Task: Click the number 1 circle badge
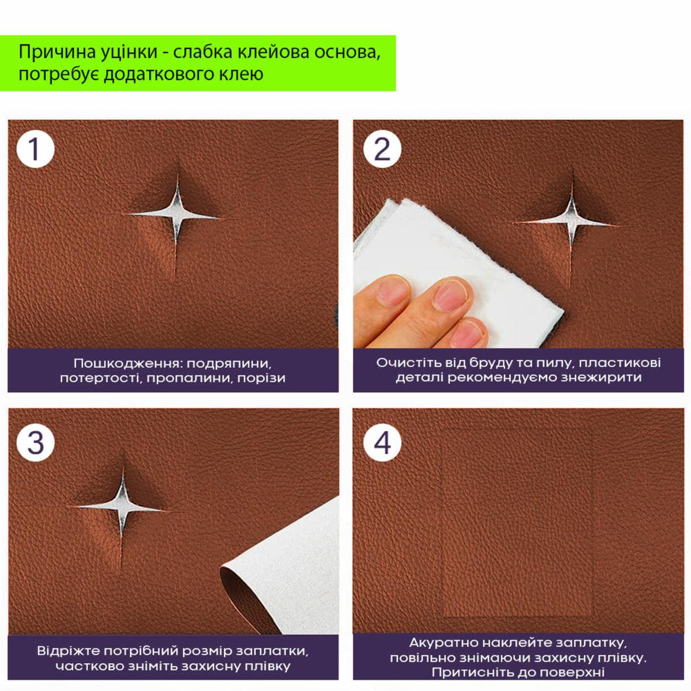(35, 149)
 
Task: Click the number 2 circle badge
(382, 149)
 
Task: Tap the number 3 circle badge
(35, 443)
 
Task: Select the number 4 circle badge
(382, 443)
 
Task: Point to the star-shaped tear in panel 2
(572, 223)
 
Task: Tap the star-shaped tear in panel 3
(123, 506)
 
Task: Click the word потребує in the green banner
(59, 74)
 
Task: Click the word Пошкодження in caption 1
(126, 363)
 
